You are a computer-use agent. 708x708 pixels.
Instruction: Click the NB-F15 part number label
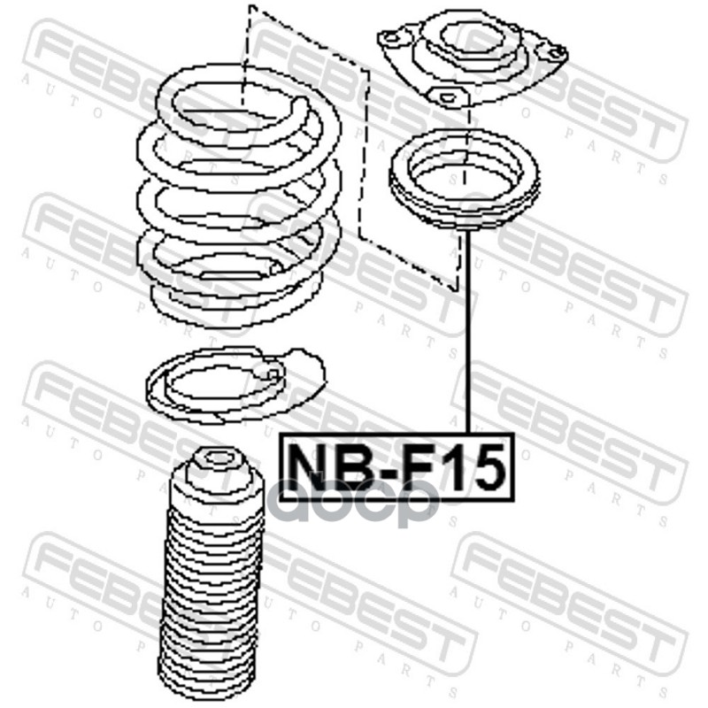click(x=396, y=467)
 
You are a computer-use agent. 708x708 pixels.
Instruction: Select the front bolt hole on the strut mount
click(x=446, y=96)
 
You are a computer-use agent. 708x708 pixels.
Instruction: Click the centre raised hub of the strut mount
click(x=473, y=42)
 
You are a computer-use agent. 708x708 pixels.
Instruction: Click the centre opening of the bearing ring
click(x=466, y=175)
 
